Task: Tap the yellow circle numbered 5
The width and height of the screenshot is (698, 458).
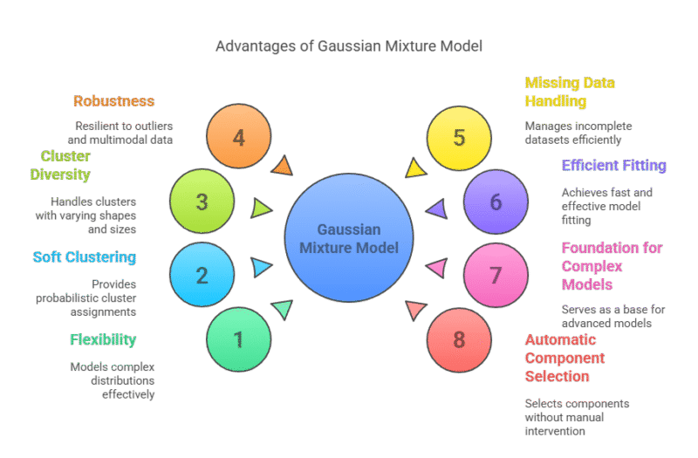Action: tap(459, 138)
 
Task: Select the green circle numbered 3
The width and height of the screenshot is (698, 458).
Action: tap(202, 202)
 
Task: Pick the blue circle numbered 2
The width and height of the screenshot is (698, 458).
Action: tap(202, 275)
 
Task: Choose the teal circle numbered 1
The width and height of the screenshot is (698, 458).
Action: tap(239, 338)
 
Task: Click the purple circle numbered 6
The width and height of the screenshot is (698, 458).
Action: tap(496, 202)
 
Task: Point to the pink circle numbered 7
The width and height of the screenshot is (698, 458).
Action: tap(496, 275)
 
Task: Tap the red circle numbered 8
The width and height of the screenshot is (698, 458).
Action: tap(459, 338)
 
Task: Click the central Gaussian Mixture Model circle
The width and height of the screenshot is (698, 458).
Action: tap(349, 238)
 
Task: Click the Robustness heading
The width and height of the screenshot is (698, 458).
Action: tap(113, 101)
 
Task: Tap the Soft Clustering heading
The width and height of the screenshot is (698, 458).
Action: tap(85, 257)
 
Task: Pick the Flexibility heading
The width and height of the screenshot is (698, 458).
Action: tap(103, 339)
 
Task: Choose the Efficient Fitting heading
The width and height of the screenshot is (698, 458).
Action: tap(613, 165)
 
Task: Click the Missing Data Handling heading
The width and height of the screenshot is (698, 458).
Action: tap(570, 92)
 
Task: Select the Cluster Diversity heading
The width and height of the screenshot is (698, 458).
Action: tap(65, 165)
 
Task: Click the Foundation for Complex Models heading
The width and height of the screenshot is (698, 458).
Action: tap(612, 266)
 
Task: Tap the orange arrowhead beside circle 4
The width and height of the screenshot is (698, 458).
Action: tap(282, 166)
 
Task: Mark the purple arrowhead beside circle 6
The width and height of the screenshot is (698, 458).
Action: tap(436, 208)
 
